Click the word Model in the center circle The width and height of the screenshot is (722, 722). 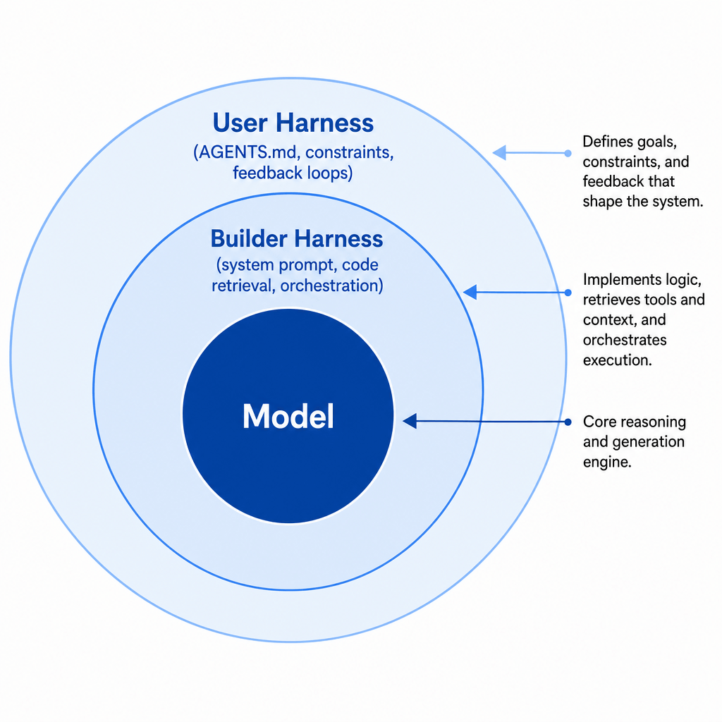coord(288,416)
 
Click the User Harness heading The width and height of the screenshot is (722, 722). coord(293,123)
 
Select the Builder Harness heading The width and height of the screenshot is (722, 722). coord(297,238)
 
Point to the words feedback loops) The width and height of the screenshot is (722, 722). coord(293,173)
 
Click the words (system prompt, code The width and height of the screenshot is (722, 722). coord(298,265)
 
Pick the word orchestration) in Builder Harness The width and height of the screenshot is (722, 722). coord(331,286)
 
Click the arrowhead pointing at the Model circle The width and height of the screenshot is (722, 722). coord(410,421)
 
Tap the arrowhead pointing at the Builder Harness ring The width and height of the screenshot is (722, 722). coord(470,292)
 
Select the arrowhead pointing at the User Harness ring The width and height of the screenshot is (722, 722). coord(499,152)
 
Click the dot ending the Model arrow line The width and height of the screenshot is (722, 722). coord(568,422)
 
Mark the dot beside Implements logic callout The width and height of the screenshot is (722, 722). coord(568,293)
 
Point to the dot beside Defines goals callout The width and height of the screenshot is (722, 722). coord(568,153)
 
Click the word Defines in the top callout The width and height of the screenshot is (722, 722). coord(608,141)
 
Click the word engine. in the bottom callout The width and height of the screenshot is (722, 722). coord(607,463)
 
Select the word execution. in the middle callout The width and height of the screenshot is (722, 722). coord(618,360)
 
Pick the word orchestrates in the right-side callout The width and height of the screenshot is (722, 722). coord(625,340)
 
